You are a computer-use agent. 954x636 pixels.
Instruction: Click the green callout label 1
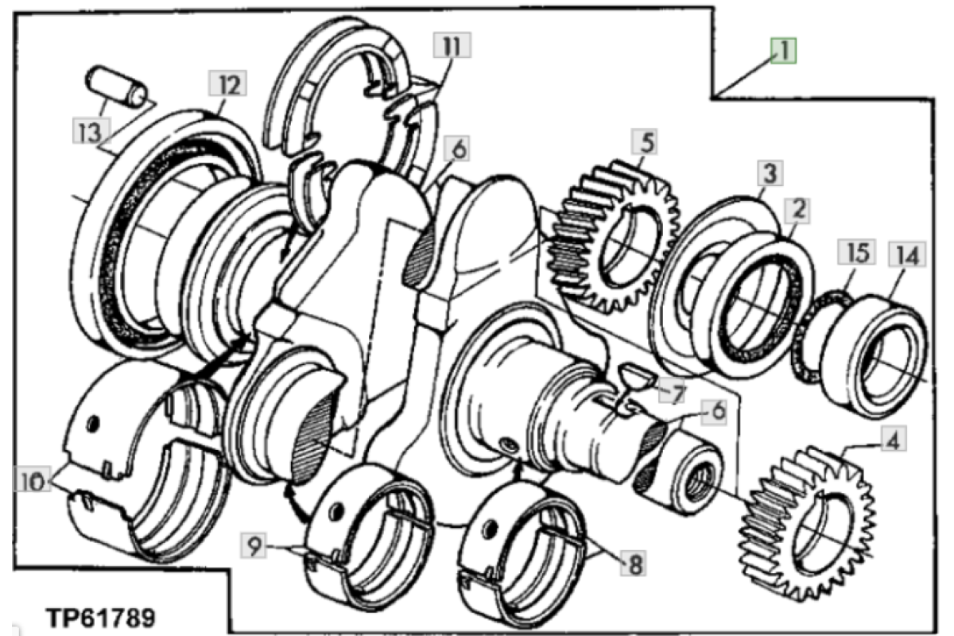coord(783,51)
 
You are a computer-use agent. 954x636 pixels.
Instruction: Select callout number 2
coord(797,210)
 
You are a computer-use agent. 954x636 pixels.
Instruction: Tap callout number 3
coord(770,173)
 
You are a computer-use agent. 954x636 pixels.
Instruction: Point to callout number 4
coord(893,440)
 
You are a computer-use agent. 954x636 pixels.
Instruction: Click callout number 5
coord(646,142)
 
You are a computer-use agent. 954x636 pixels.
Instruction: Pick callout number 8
coord(634,564)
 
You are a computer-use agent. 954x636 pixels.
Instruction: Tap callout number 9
coord(254,546)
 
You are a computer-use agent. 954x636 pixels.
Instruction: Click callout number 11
coord(452,45)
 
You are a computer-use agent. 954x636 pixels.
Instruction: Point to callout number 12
coord(228,83)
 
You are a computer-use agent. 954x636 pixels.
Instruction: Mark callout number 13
coord(91,130)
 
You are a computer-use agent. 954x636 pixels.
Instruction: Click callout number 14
coord(907,254)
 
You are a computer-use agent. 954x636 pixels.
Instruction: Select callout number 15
coord(857,252)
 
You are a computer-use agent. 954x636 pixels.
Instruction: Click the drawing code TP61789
coord(102,618)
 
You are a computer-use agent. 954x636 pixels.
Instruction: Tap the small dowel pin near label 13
coord(116,87)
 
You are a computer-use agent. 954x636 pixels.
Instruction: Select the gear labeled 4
coord(806,523)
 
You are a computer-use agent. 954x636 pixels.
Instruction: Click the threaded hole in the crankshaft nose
coord(700,478)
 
